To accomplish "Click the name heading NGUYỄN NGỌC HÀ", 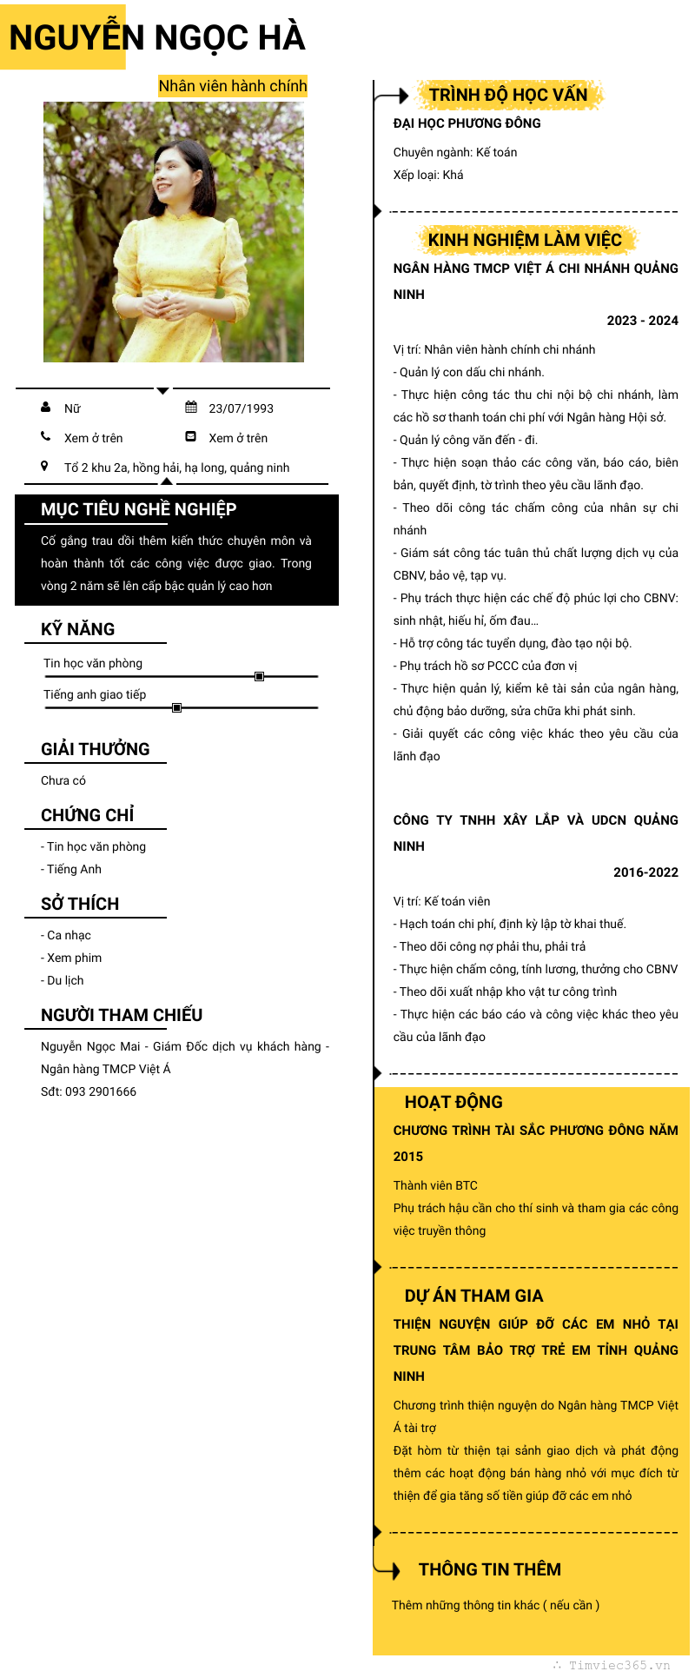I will click(x=157, y=37).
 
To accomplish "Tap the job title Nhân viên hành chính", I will click(x=232, y=86).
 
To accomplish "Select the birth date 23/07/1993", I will click(x=241, y=408).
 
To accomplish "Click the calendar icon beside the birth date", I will click(x=191, y=408).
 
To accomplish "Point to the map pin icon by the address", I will click(x=45, y=467).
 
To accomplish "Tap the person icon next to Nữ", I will click(x=45, y=408).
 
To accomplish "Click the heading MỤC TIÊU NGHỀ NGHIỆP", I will click(x=138, y=509).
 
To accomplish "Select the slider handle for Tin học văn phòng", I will click(x=259, y=676).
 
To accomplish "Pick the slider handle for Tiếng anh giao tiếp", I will click(x=176, y=707).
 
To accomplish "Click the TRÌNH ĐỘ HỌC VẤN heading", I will click(x=507, y=95).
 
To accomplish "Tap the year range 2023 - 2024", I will click(x=642, y=321).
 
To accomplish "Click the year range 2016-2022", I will click(x=645, y=872).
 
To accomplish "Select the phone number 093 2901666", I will click(x=101, y=1091).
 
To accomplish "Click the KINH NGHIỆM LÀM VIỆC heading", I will click(x=525, y=240).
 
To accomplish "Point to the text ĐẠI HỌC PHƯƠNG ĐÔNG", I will click(x=467, y=123).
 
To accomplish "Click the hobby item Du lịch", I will click(x=65, y=980).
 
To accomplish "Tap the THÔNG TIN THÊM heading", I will click(x=489, y=1569).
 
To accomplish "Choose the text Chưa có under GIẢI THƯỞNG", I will click(x=63, y=780).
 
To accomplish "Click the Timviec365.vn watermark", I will click(x=619, y=1665).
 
